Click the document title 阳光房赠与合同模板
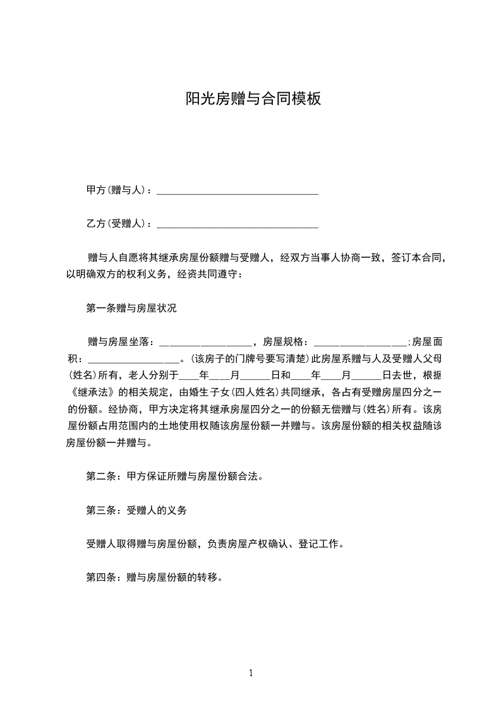click(253, 99)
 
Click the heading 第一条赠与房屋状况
click(131, 309)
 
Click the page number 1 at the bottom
click(251, 673)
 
